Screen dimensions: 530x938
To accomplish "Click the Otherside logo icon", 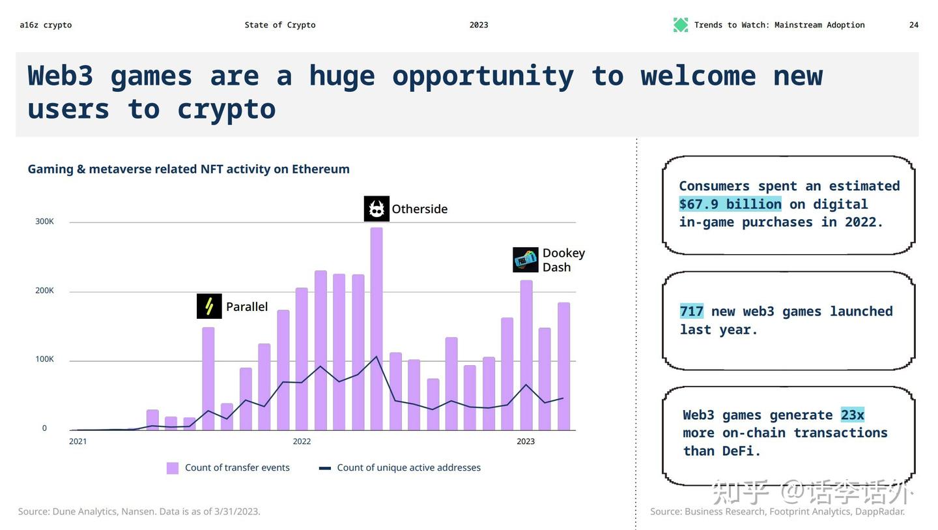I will pos(377,209).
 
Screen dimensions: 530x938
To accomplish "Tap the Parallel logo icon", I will pos(209,306).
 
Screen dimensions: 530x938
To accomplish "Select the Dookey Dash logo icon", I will pos(525,260).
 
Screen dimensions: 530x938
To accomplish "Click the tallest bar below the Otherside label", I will pos(377,329).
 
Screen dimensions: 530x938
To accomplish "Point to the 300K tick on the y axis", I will pos(44,222).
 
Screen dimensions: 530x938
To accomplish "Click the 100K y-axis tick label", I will pos(44,359).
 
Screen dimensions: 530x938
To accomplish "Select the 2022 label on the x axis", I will pos(302,441).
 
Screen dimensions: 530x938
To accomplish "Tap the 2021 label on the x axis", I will pos(78,441).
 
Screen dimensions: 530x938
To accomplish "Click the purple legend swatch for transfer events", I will pos(173,468).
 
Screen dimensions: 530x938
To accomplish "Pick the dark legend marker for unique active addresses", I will pos(325,468).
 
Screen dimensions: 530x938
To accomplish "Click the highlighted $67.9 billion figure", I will pos(730,204).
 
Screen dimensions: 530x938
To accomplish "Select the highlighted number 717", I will pos(691,312).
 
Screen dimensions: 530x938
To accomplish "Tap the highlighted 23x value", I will pos(852,415).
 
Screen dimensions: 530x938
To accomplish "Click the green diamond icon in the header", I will pos(681,25).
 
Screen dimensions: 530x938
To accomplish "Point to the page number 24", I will pos(914,25).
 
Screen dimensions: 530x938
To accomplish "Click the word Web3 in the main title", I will pos(61,76).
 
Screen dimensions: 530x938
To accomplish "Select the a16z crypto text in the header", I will pos(46,25).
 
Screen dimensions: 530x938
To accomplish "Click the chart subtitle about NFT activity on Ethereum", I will pos(188,169).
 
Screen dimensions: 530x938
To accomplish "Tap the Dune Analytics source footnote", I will pos(139,512).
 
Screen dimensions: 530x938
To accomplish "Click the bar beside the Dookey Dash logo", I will pos(526,355).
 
